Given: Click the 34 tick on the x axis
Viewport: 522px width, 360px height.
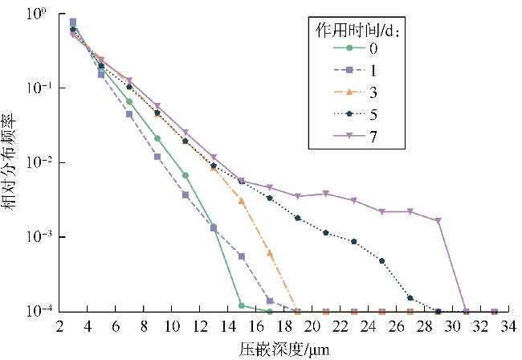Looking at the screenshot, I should click(508, 327).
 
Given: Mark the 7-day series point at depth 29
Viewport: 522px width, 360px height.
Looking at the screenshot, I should click(438, 221).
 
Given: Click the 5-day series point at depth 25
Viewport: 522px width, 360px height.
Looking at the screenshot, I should click(381, 261).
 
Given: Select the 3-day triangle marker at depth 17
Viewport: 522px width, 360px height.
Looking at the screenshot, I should click(270, 253).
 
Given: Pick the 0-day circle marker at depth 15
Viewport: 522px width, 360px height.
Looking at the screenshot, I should click(242, 305).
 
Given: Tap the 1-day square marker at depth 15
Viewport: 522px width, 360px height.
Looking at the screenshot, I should click(242, 256).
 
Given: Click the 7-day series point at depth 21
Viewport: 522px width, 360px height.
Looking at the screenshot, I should click(326, 194).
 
